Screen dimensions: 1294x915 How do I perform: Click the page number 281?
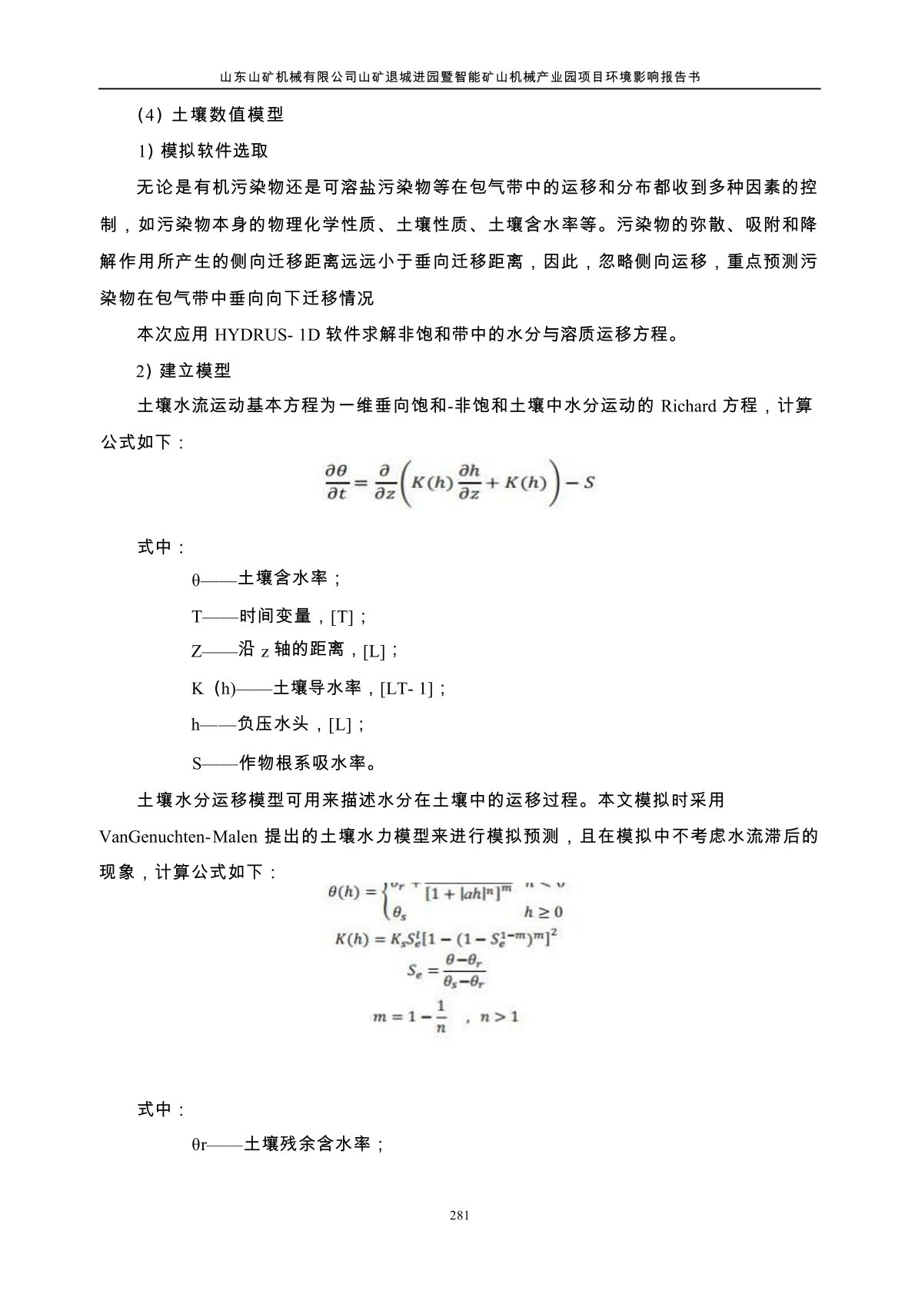tap(459, 1216)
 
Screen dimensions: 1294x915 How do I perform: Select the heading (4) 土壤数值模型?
tap(210, 115)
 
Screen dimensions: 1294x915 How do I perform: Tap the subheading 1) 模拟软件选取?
tap(202, 151)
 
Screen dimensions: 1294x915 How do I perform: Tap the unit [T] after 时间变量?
tap(343, 617)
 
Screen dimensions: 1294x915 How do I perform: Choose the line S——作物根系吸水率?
tap(284, 763)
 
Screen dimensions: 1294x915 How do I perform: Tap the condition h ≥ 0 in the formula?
tap(543, 912)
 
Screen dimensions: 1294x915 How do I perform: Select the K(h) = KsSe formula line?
tap(445, 940)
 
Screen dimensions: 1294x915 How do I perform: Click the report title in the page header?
tap(459, 77)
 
